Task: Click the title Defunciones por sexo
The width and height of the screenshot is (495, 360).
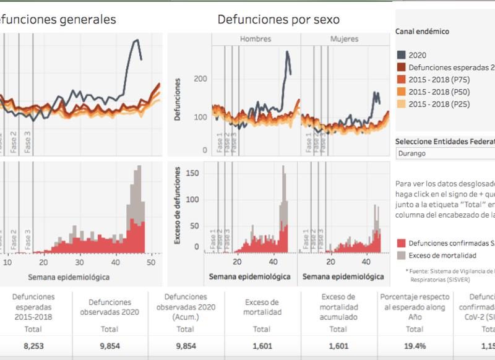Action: pos(278,20)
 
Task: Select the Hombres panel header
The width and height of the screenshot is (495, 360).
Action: pos(256,39)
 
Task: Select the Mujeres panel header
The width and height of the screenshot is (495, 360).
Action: pos(344,39)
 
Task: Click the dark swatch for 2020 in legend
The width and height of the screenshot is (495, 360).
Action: pos(402,55)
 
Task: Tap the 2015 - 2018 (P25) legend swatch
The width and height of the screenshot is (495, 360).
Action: pos(402,105)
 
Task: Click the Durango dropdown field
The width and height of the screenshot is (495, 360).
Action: pos(444,153)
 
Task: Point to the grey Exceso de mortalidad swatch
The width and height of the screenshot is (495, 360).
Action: pos(402,255)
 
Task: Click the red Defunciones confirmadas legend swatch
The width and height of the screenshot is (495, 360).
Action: pos(402,243)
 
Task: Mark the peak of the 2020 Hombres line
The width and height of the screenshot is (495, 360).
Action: pos(287,52)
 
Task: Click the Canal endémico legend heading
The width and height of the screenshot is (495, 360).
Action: pos(422,32)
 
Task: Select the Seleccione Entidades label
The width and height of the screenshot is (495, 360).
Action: pos(444,140)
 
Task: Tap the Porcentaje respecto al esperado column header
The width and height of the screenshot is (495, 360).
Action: pos(415,307)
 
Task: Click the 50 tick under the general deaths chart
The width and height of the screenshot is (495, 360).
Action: pos(151,262)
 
